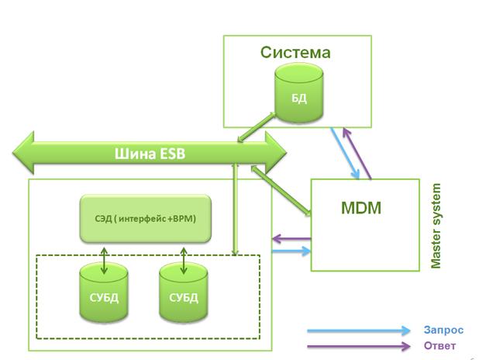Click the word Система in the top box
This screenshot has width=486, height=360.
pyautogui.click(x=295, y=53)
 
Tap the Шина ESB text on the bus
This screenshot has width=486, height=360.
pyautogui.click(x=150, y=153)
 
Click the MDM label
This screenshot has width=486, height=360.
pyautogui.click(x=361, y=208)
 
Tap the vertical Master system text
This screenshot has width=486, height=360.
pyautogui.click(x=436, y=226)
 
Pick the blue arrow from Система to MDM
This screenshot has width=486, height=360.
pyautogui.click(x=343, y=153)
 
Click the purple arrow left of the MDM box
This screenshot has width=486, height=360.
pyautogui.click(x=291, y=239)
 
